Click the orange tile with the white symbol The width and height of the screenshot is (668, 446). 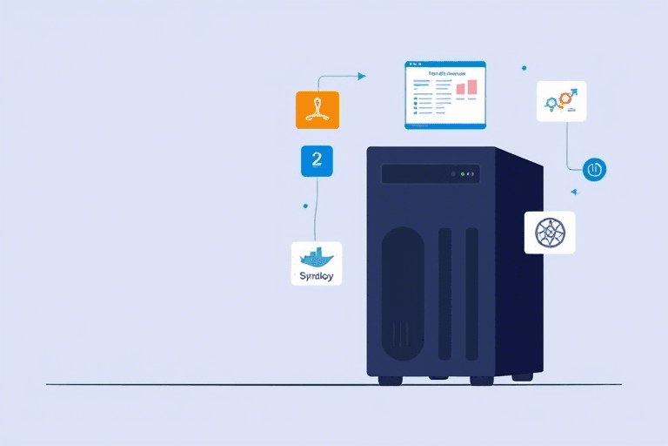317,110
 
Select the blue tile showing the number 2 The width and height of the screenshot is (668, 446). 317,160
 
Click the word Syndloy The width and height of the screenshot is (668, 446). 316,275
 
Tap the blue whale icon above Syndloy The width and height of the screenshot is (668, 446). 316,257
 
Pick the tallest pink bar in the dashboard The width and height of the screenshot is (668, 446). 472,86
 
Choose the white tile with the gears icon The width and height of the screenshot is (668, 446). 561,101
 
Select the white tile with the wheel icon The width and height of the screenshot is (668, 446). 550,233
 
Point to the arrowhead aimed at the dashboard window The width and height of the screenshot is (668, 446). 362,76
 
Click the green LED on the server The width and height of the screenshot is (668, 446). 453,172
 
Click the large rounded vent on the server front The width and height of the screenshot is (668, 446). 404,292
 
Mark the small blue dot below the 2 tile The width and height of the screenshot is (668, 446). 305,206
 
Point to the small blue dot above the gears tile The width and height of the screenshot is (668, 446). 524,67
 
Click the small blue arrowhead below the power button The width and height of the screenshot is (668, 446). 574,192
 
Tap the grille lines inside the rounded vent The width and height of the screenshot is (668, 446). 402,335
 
